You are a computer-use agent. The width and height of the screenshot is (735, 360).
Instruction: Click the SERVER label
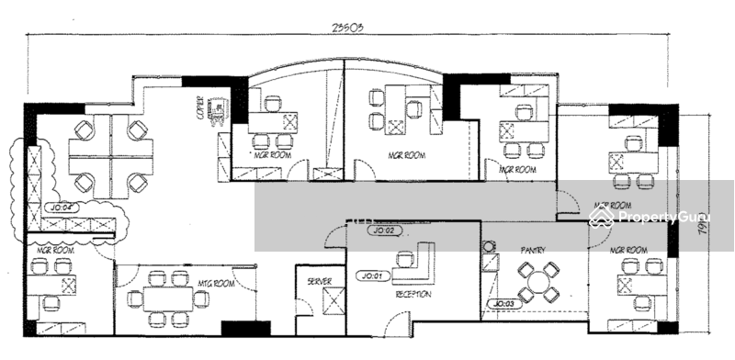[x=319, y=281]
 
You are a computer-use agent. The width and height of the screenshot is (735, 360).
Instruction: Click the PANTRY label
[x=534, y=249]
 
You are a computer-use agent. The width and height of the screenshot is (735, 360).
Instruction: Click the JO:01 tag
[x=374, y=275]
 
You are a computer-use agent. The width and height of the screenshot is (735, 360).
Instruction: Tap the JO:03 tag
[x=504, y=302]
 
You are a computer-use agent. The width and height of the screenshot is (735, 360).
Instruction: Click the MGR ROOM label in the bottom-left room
[x=54, y=250]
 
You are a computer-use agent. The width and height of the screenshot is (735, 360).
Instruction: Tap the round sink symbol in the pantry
[x=487, y=246]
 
